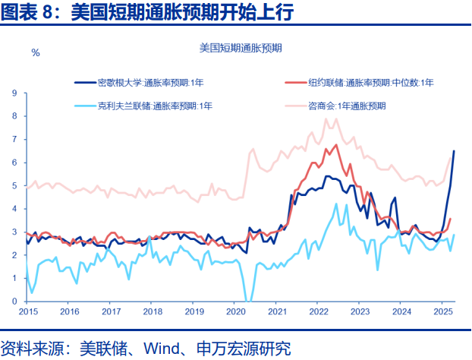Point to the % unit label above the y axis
[x=35, y=52]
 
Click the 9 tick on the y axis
[x=14, y=93]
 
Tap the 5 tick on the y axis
[x=14, y=186]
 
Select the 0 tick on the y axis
[x=14, y=302]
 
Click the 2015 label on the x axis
[x=28, y=312]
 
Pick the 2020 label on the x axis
[x=236, y=312]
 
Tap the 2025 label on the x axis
[x=443, y=312]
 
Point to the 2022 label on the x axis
[x=319, y=312]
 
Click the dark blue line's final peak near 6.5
[x=454, y=151]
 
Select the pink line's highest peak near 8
[x=326, y=118]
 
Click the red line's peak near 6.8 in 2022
[x=335, y=145]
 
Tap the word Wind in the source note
[x=165, y=349]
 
